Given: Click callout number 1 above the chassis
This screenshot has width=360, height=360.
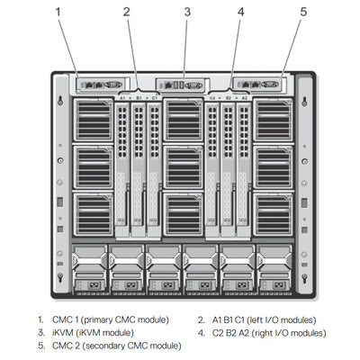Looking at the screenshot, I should point(59,12).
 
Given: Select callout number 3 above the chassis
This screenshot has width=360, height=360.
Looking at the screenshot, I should point(187,12).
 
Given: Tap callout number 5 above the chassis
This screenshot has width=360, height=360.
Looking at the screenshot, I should point(303,12).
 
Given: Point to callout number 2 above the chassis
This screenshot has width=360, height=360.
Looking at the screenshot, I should point(128,12).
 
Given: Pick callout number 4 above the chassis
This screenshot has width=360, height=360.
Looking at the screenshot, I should point(241,12).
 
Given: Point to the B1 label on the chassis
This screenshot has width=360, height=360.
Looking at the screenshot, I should point(138,95).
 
